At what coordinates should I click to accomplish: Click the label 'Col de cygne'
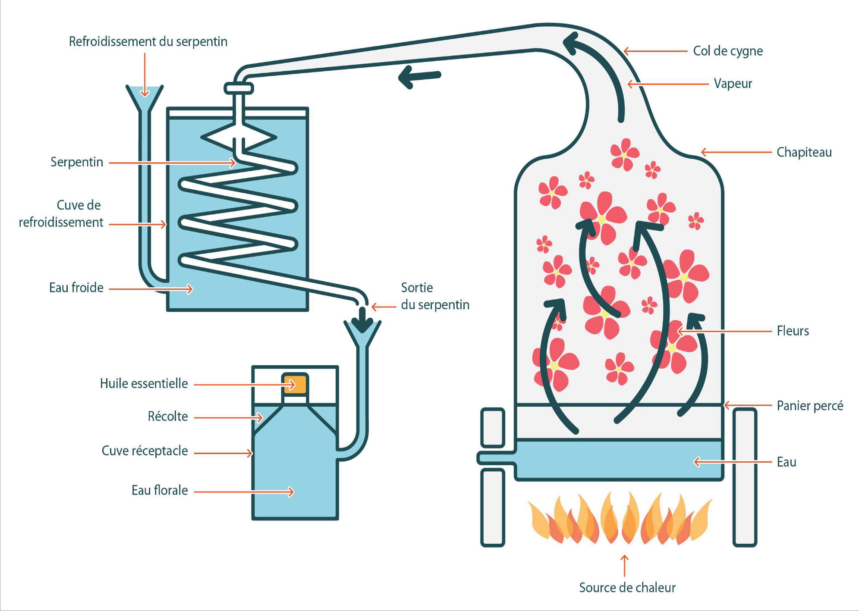click(727, 51)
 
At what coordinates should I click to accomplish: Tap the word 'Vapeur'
click(733, 83)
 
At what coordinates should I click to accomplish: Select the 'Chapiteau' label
click(804, 152)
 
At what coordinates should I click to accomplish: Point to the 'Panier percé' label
click(809, 405)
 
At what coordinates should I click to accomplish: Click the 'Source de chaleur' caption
click(627, 587)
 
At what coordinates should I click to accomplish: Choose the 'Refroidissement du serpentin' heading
click(148, 41)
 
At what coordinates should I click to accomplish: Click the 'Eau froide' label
click(76, 288)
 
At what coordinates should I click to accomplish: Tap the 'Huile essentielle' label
click(144, 383)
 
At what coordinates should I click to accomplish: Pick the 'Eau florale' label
click(160, 490)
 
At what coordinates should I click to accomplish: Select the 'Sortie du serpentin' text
click(434, 296)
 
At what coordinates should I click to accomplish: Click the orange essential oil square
click(295, 384)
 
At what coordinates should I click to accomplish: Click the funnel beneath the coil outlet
click(362, 334)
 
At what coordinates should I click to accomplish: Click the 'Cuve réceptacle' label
click(145, 451)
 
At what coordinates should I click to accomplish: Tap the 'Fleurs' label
click(793, 331)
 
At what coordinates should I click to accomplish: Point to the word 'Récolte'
click(167, 416)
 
